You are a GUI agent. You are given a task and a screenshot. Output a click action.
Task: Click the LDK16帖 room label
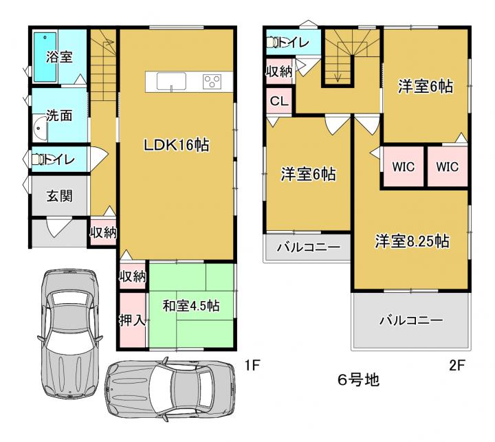point(177,145)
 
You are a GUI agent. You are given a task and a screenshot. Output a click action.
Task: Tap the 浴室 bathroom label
point(59,57)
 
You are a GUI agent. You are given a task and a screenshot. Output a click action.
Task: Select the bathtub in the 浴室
point(45,57)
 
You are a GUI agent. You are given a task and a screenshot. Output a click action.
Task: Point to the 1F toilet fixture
point(38,159)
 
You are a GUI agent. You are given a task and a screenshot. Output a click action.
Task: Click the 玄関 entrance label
point(59,196)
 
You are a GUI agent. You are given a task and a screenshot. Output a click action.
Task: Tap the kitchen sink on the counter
point(171,81)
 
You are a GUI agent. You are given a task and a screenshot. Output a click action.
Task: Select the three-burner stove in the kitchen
point(212,82)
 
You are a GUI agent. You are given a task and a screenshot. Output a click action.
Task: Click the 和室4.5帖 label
point(191,306)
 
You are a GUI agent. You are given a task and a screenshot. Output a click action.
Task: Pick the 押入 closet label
point(132,320)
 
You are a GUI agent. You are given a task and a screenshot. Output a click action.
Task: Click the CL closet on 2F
point(279,101)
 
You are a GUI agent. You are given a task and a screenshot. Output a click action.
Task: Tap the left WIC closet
point(403,166)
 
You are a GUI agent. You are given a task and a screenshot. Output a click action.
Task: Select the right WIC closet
point(448,166)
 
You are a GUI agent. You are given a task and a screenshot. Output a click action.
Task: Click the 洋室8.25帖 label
point(412,241)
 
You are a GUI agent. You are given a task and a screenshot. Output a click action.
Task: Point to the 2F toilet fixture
point(272,43)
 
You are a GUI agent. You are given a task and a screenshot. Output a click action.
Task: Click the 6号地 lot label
point(358,379)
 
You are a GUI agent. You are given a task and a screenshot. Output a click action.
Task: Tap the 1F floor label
point(252,365)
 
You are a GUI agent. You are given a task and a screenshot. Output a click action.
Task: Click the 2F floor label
point(456,365)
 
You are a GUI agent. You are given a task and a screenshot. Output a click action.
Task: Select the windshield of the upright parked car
point(69,298)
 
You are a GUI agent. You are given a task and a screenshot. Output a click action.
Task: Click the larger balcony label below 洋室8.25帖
point(410,320)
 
